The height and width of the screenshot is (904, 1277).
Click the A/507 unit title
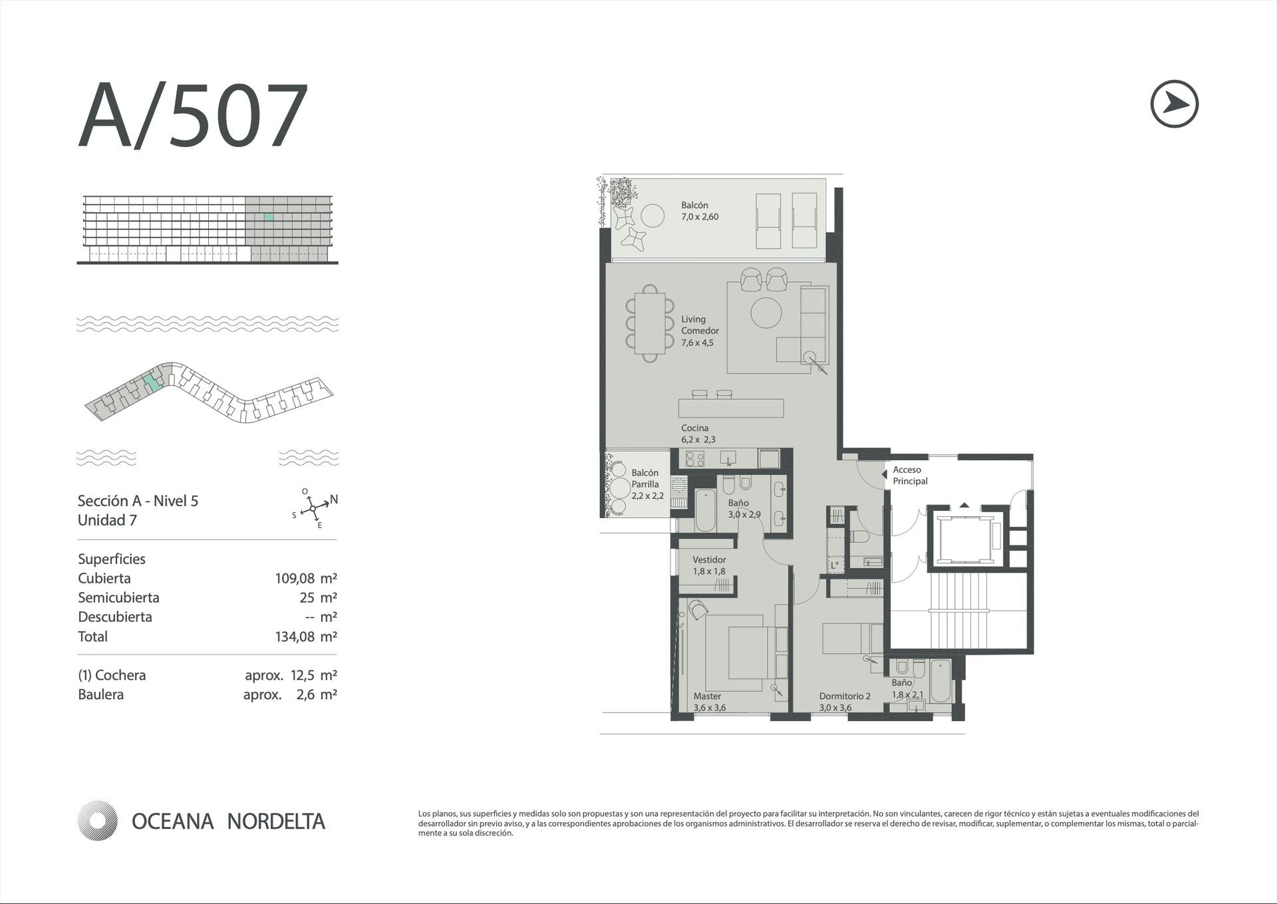click(x=193, y=116)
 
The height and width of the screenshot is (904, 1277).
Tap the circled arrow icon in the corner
click(x=1174, y=104)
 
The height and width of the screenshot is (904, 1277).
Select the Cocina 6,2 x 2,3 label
click(x=698, y=433)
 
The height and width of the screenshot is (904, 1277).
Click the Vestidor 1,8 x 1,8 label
click(x=709, y=565)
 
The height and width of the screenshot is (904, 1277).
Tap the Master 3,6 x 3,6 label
click(x=709, y=702)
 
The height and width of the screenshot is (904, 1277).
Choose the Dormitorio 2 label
click(x=845, y=696)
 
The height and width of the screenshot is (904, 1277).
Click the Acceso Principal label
click(x=910, y=476)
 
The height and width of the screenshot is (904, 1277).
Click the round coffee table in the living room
click(x=766, y=313)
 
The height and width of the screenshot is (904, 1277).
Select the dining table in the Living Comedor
click(x=650, y=323)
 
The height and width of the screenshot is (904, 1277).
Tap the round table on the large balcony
click(x=652, y=215)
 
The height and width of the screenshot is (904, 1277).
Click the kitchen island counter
click(x=731, y=408)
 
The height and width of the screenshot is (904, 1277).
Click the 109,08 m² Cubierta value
click(x=306, y=578)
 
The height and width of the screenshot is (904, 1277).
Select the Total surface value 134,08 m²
click(x=306, y=637)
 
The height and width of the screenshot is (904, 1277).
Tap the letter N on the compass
click(x=334, y=499)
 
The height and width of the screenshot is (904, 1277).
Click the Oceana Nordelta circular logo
click(x=97, y=821)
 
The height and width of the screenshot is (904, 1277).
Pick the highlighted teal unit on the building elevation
click(x=269, y=217)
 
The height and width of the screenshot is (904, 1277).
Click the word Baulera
click(x=100, y=694)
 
